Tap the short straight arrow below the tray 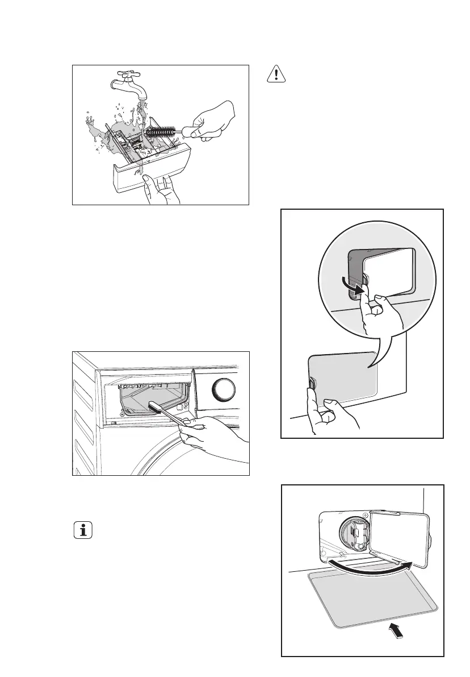[398, 629]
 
